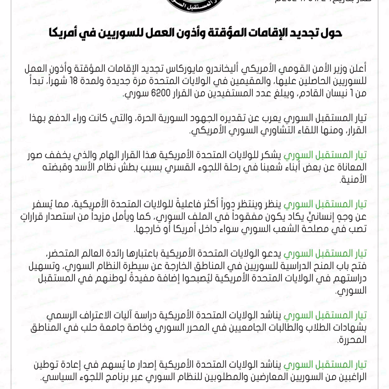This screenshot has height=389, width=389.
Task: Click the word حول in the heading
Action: [331, 33]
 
